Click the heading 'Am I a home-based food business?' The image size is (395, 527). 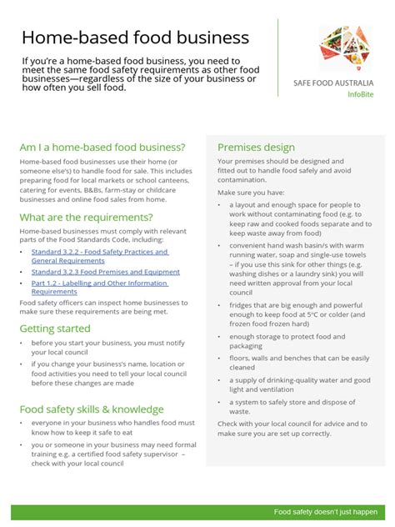click(102, 147)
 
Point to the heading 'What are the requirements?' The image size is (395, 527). click(87, 217)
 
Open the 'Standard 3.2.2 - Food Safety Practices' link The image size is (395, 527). click(99, 251)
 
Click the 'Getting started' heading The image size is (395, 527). click(55, 329)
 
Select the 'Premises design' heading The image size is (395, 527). click(256, 147)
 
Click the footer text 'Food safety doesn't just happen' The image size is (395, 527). click(326, 511)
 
